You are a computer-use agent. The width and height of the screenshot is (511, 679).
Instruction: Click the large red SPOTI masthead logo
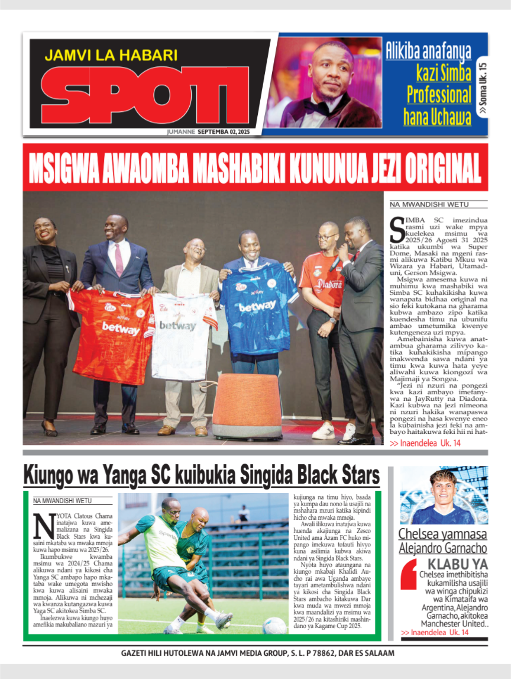click(145, 95)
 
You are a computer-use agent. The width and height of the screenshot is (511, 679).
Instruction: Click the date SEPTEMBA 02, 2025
click(224, 131)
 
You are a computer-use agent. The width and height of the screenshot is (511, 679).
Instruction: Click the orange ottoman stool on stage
click(246, 406)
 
